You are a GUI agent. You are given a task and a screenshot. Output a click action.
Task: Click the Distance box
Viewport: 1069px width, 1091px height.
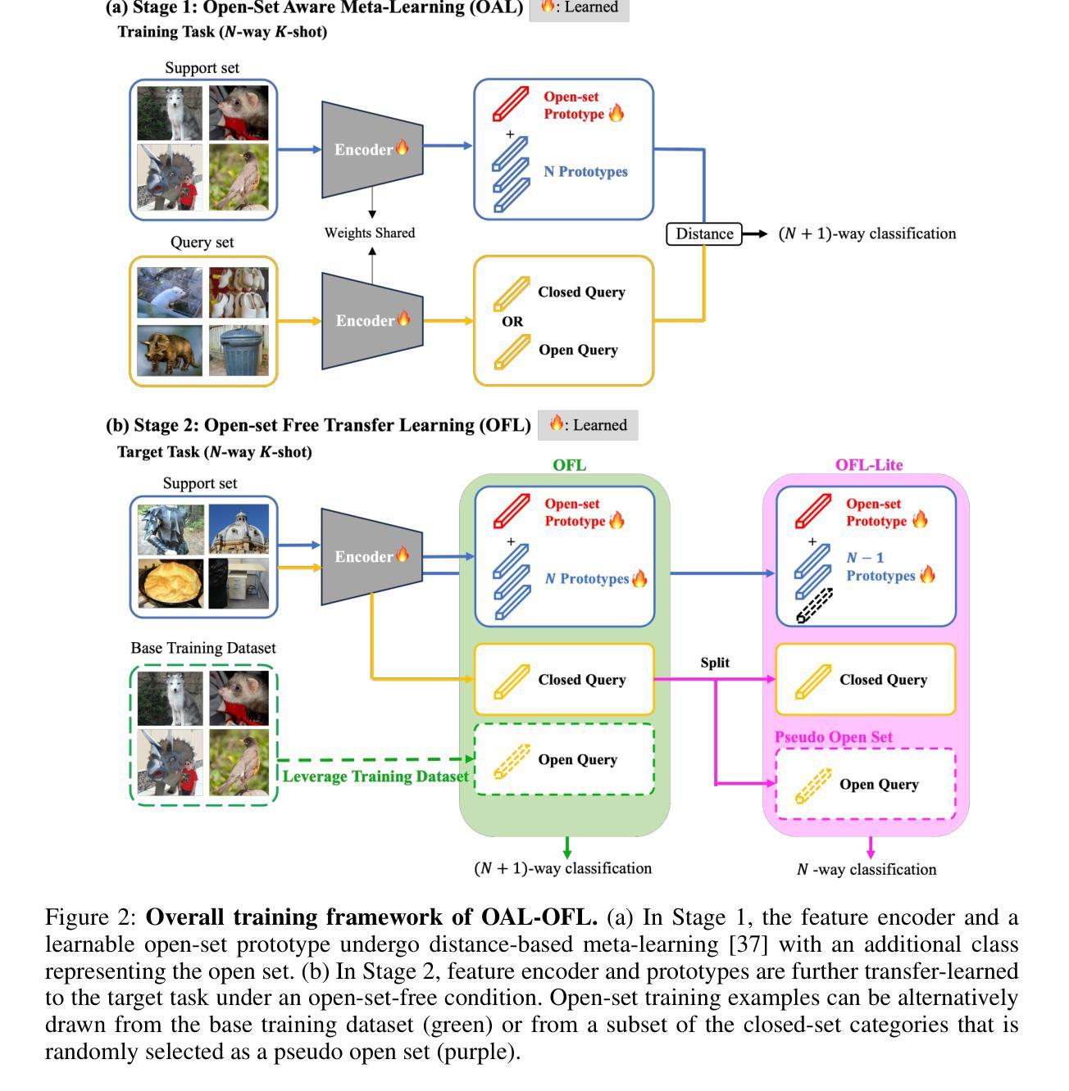click(x=704, y=234)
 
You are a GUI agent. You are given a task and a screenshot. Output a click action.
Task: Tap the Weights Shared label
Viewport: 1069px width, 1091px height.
click(x=370, y=233)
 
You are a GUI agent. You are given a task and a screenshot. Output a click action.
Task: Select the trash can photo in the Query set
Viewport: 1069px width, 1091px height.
click(x=239, y=351)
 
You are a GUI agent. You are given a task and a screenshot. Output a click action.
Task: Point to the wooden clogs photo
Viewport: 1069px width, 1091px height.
click(x=239, y=292)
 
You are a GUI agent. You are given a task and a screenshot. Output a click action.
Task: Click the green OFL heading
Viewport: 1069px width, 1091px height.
click(x=569, y=465)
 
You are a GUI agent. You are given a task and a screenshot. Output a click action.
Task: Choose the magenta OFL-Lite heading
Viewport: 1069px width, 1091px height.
click(x=869, y=465)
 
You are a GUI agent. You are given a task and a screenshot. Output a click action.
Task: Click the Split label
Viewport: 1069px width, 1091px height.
click(x=715, y=663)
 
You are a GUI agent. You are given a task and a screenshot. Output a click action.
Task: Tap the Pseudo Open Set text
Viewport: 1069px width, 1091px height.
click(x=834, y=737)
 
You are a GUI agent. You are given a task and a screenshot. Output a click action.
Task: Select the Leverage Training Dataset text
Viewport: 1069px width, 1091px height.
click(x=376, y=776)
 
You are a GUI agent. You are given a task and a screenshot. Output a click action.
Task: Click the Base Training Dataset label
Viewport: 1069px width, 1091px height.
click(x=203, y=648)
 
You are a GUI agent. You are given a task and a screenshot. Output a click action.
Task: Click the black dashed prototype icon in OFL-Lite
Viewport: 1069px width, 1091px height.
click(x=815, y=606)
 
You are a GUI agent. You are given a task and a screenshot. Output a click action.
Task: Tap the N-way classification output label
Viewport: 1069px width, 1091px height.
click(x=867, y=870)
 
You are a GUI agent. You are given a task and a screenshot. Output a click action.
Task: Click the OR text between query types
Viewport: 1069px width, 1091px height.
click(x=512, y=322)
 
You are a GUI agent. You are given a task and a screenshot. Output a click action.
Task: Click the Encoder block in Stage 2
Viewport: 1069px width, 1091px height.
click(x=371, y=557)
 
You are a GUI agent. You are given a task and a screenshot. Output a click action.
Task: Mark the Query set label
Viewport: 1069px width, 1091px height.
click(x=202, y=242)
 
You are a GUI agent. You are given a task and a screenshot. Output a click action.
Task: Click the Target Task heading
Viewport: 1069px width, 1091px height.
click(x=215, y=452)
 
